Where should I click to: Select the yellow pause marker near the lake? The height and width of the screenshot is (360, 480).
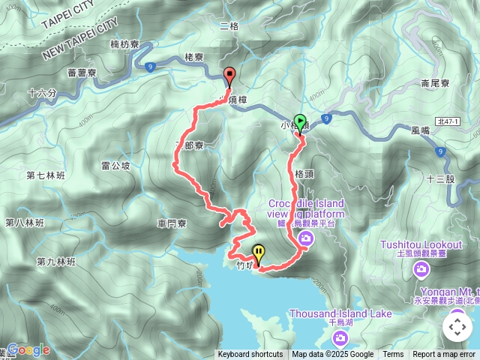(259, 253)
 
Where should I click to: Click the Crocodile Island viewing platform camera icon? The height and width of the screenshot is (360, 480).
(305, 238)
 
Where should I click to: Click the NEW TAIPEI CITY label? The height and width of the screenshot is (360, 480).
(81, 40)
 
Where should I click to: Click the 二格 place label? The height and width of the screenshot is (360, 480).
(229, 26)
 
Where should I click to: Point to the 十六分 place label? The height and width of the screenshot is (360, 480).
(41, 94)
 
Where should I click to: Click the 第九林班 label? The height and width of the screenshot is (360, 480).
(55, 262)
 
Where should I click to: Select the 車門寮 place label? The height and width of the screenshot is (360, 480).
(172, 223)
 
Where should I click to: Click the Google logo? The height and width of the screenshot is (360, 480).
(28, 350)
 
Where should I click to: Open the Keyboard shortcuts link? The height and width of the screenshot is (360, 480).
(250, 355)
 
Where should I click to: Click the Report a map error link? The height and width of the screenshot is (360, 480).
(444, 355)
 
